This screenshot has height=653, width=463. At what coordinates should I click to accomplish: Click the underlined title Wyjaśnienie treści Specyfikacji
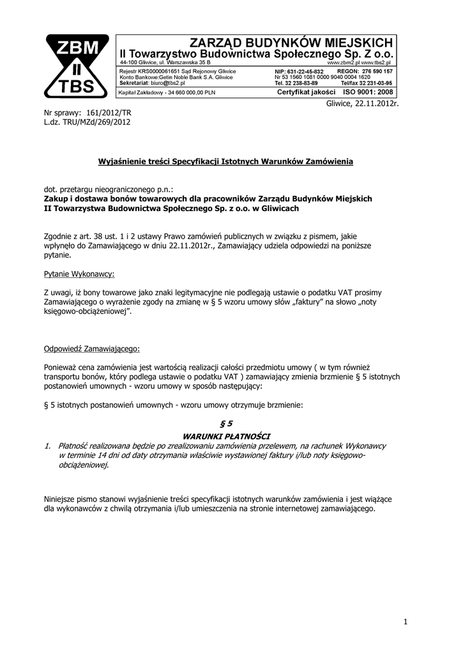225,162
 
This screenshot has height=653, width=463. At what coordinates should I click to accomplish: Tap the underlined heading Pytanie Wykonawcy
79,274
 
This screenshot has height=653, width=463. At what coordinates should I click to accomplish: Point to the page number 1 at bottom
405,621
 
